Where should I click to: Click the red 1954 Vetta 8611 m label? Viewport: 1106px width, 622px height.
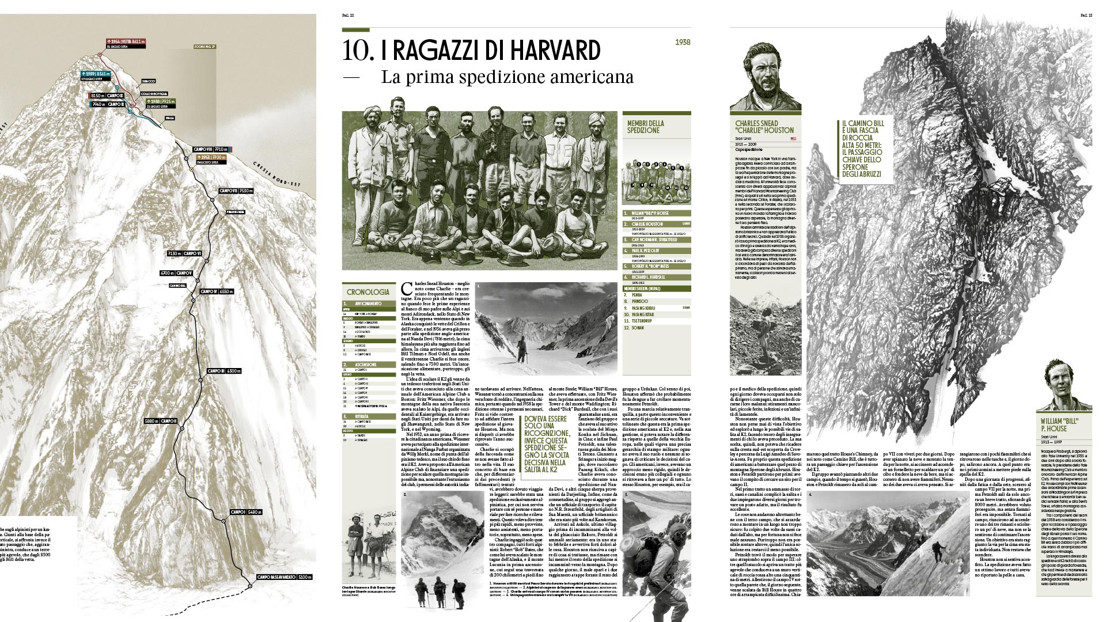tap(126, 43)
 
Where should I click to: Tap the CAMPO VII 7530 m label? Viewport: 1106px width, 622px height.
tap(235, 191)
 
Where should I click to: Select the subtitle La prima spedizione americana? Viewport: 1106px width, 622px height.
tap(507, 77)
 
